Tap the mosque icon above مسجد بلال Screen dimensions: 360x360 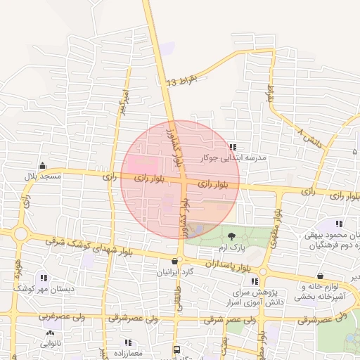click(43, 166)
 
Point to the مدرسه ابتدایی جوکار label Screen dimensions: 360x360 click(233, 158)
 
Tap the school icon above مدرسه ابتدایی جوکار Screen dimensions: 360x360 click(233, 148)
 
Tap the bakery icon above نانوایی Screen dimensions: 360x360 click(49, 334)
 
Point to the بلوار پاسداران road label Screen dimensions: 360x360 click(229, 265)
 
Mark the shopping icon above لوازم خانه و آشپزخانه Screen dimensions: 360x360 click(321, 276)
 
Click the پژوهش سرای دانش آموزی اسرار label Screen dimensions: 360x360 click(257, 296)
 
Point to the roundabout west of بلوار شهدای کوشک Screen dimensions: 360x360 click(20, 234)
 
